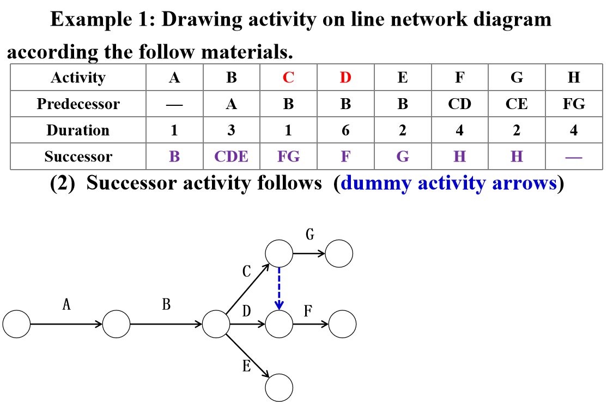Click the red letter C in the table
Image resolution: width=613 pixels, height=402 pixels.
(288, 77)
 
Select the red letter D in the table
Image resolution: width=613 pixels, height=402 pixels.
(345, 77)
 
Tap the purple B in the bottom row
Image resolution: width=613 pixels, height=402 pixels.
(174, 157)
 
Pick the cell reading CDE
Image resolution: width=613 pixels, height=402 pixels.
(231, 157)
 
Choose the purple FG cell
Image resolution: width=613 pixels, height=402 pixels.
(288, 157)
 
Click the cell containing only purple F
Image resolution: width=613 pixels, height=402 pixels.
(345, 157)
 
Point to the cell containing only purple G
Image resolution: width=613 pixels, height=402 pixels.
(403, 157)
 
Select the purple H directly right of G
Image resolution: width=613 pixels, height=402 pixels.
(459, 157)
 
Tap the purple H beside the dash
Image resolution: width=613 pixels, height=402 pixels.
(517, 157)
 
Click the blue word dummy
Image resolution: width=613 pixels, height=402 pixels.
(376, 183)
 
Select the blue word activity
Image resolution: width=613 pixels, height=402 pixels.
(452, 183)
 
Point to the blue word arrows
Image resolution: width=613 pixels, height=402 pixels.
(524, 183)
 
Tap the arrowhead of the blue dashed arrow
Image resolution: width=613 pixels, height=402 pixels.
(279, 305)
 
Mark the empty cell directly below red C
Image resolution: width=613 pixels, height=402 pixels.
(288, 104)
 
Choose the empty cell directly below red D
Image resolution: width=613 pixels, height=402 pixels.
(345, 104)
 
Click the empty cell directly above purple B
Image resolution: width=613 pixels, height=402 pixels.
(174, 130)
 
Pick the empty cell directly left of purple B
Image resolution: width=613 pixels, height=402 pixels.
(78, 157)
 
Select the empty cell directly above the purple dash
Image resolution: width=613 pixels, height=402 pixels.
(574, 130)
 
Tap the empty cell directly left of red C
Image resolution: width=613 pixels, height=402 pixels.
(231, 77)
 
